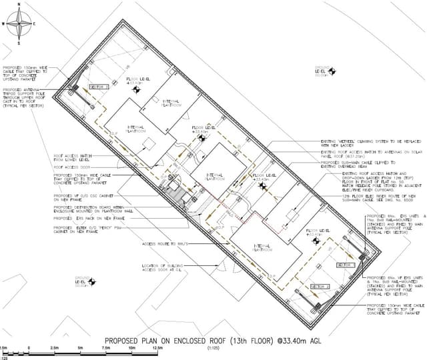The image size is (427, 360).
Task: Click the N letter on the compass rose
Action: click(19, 5)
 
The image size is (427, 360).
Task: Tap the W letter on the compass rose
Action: click(5, 23)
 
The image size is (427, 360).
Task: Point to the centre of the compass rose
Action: click(19, 24)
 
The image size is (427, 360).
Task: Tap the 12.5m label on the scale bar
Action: click(157, 348)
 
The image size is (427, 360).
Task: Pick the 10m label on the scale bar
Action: click(132, 348)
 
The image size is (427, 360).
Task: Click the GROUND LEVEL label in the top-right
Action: click(323, 70)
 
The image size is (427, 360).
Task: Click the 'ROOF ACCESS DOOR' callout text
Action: click(69, 167)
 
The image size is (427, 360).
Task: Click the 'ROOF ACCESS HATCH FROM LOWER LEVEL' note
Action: click(71, 158)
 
